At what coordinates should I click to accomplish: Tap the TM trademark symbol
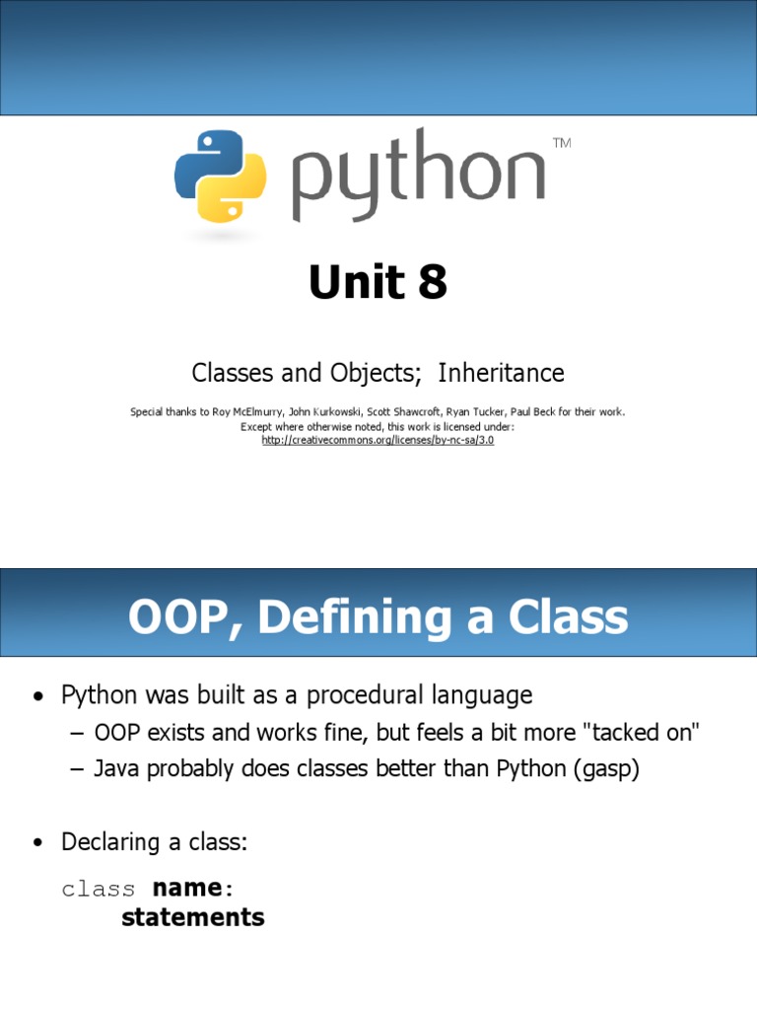click(x=562, y=144)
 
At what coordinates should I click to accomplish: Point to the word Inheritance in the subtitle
click(x=501, y=373)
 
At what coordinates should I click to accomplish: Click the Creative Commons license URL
click(x=378, y=440)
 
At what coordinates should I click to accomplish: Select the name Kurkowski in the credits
click(x=331, y=411)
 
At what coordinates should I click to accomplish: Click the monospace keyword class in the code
click(x=99, y=889)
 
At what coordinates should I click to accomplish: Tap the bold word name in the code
click(x=187, y=888)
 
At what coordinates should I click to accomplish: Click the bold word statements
click(x=193, y=917)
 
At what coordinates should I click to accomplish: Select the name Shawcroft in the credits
click(x=399, y=411)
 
